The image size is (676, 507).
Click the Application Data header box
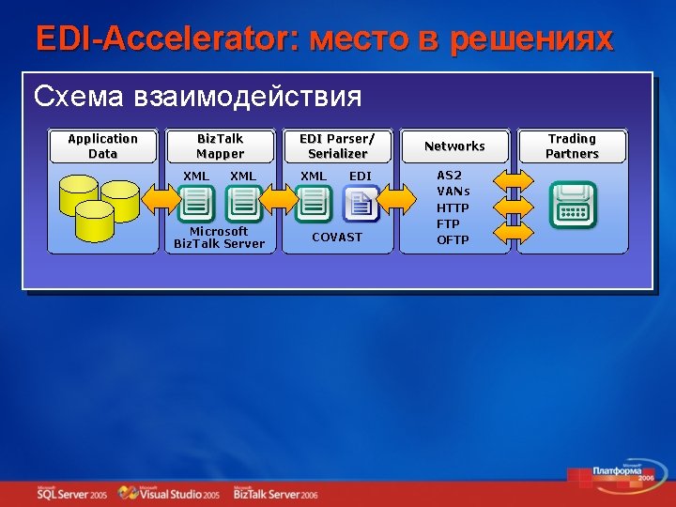tap(102, 146)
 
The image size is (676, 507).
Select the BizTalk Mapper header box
tap(220, 146)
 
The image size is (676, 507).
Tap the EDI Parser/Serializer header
tap(337, 146)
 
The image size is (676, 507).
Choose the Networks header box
tap(454, 146)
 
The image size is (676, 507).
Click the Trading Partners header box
tap(572, 146)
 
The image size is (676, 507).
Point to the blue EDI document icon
tap(361, 204)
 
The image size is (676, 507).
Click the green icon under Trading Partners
tap(572, 204)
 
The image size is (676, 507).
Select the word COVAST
tap(337, 238)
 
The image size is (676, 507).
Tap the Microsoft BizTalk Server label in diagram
tap(220, 238)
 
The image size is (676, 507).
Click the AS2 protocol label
tap(450, 176)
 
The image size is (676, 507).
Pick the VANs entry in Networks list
tap(453, 192)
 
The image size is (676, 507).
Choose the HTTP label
tap(453, 207)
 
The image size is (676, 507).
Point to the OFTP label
tap(453, 239)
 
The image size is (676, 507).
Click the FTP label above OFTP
tap(449, 223)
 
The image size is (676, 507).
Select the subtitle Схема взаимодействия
tap(197, 97)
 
